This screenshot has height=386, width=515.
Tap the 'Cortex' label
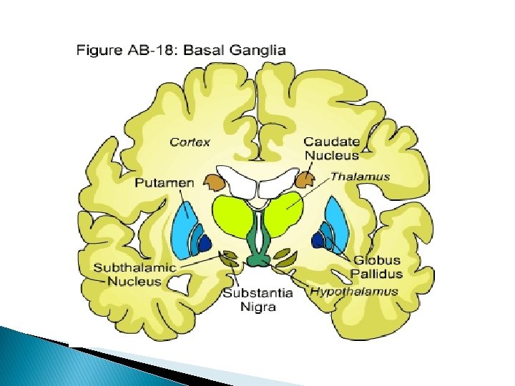coord(190,142)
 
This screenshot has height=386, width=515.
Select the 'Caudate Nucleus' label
coord(332,148)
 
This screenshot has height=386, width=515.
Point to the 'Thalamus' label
coord(360,176)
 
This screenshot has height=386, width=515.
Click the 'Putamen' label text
coord(165,183)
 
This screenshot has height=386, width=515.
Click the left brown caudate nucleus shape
coord(214,182)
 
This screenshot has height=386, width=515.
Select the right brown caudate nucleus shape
coord(305,181)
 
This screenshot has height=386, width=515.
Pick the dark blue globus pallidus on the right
coord(317,242)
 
